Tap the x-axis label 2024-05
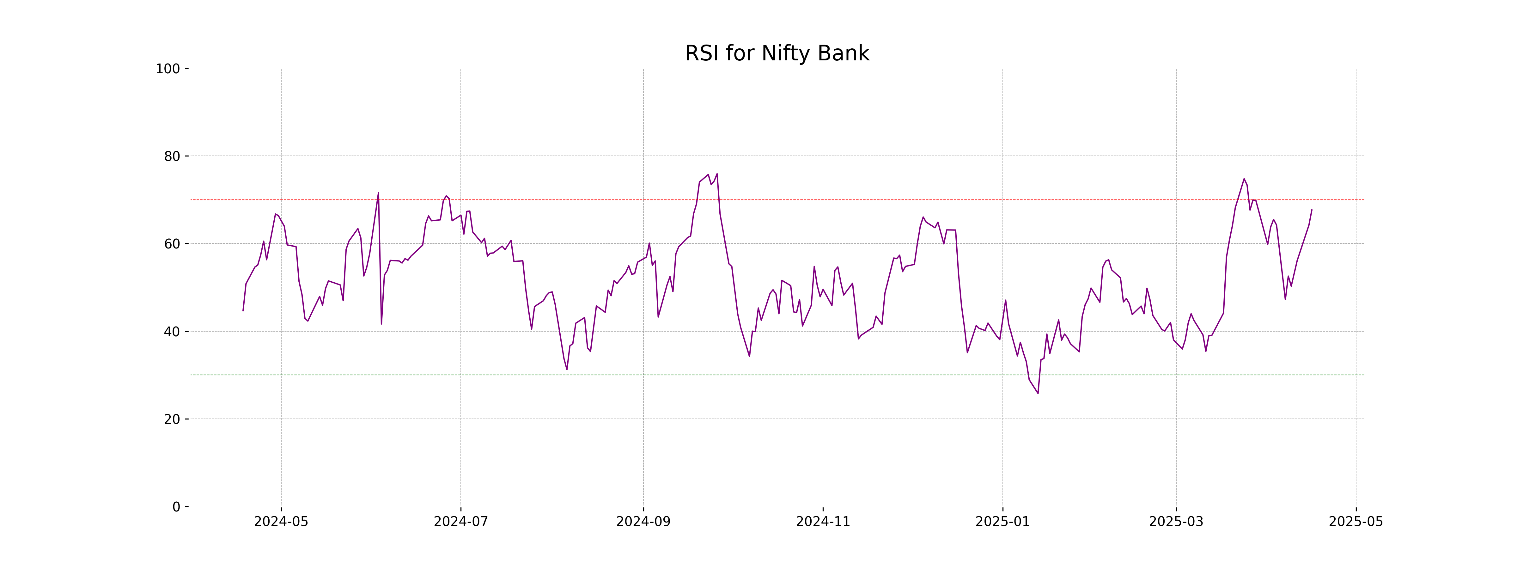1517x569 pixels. [281, 522]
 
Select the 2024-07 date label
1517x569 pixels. [460, 522]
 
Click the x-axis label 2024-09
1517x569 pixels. [643, 522]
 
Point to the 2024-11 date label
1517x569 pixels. [823, 522]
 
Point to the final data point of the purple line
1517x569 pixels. [1312, 210]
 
